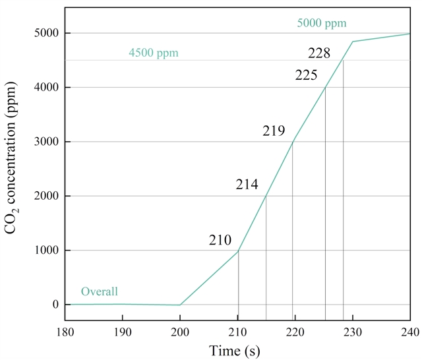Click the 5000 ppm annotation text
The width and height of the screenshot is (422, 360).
pyautogui.click(x=322, y=24)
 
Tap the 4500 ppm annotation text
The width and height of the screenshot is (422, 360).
pyautogui.click(x=154, y=52)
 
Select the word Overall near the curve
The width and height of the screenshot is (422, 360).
pyautogui.click(x=100, y=291)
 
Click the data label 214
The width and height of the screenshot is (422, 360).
pyautogui.click(x=247, y=185)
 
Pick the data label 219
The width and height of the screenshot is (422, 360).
pyautogui.click(x=274, y=131)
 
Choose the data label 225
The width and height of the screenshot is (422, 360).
pyautogui.click(x=307, y=75)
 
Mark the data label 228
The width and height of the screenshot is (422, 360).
pyautogui.click(x=320, y=53)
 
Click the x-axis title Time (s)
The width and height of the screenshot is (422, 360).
pyautogui.click(x=234, y=349)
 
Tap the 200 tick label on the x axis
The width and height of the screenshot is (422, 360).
pyautogui.click(x=180, y=332)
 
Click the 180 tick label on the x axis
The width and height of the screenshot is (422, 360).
pyautogui.click(x=65, y=332)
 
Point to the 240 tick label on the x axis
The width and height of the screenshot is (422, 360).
pyautogui.click(x=409, y=332)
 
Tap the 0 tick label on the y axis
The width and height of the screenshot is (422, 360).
pyautogui.click(x=55, y=305)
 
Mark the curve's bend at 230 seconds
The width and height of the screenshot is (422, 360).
pyautogui.click(x=353, y=42)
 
